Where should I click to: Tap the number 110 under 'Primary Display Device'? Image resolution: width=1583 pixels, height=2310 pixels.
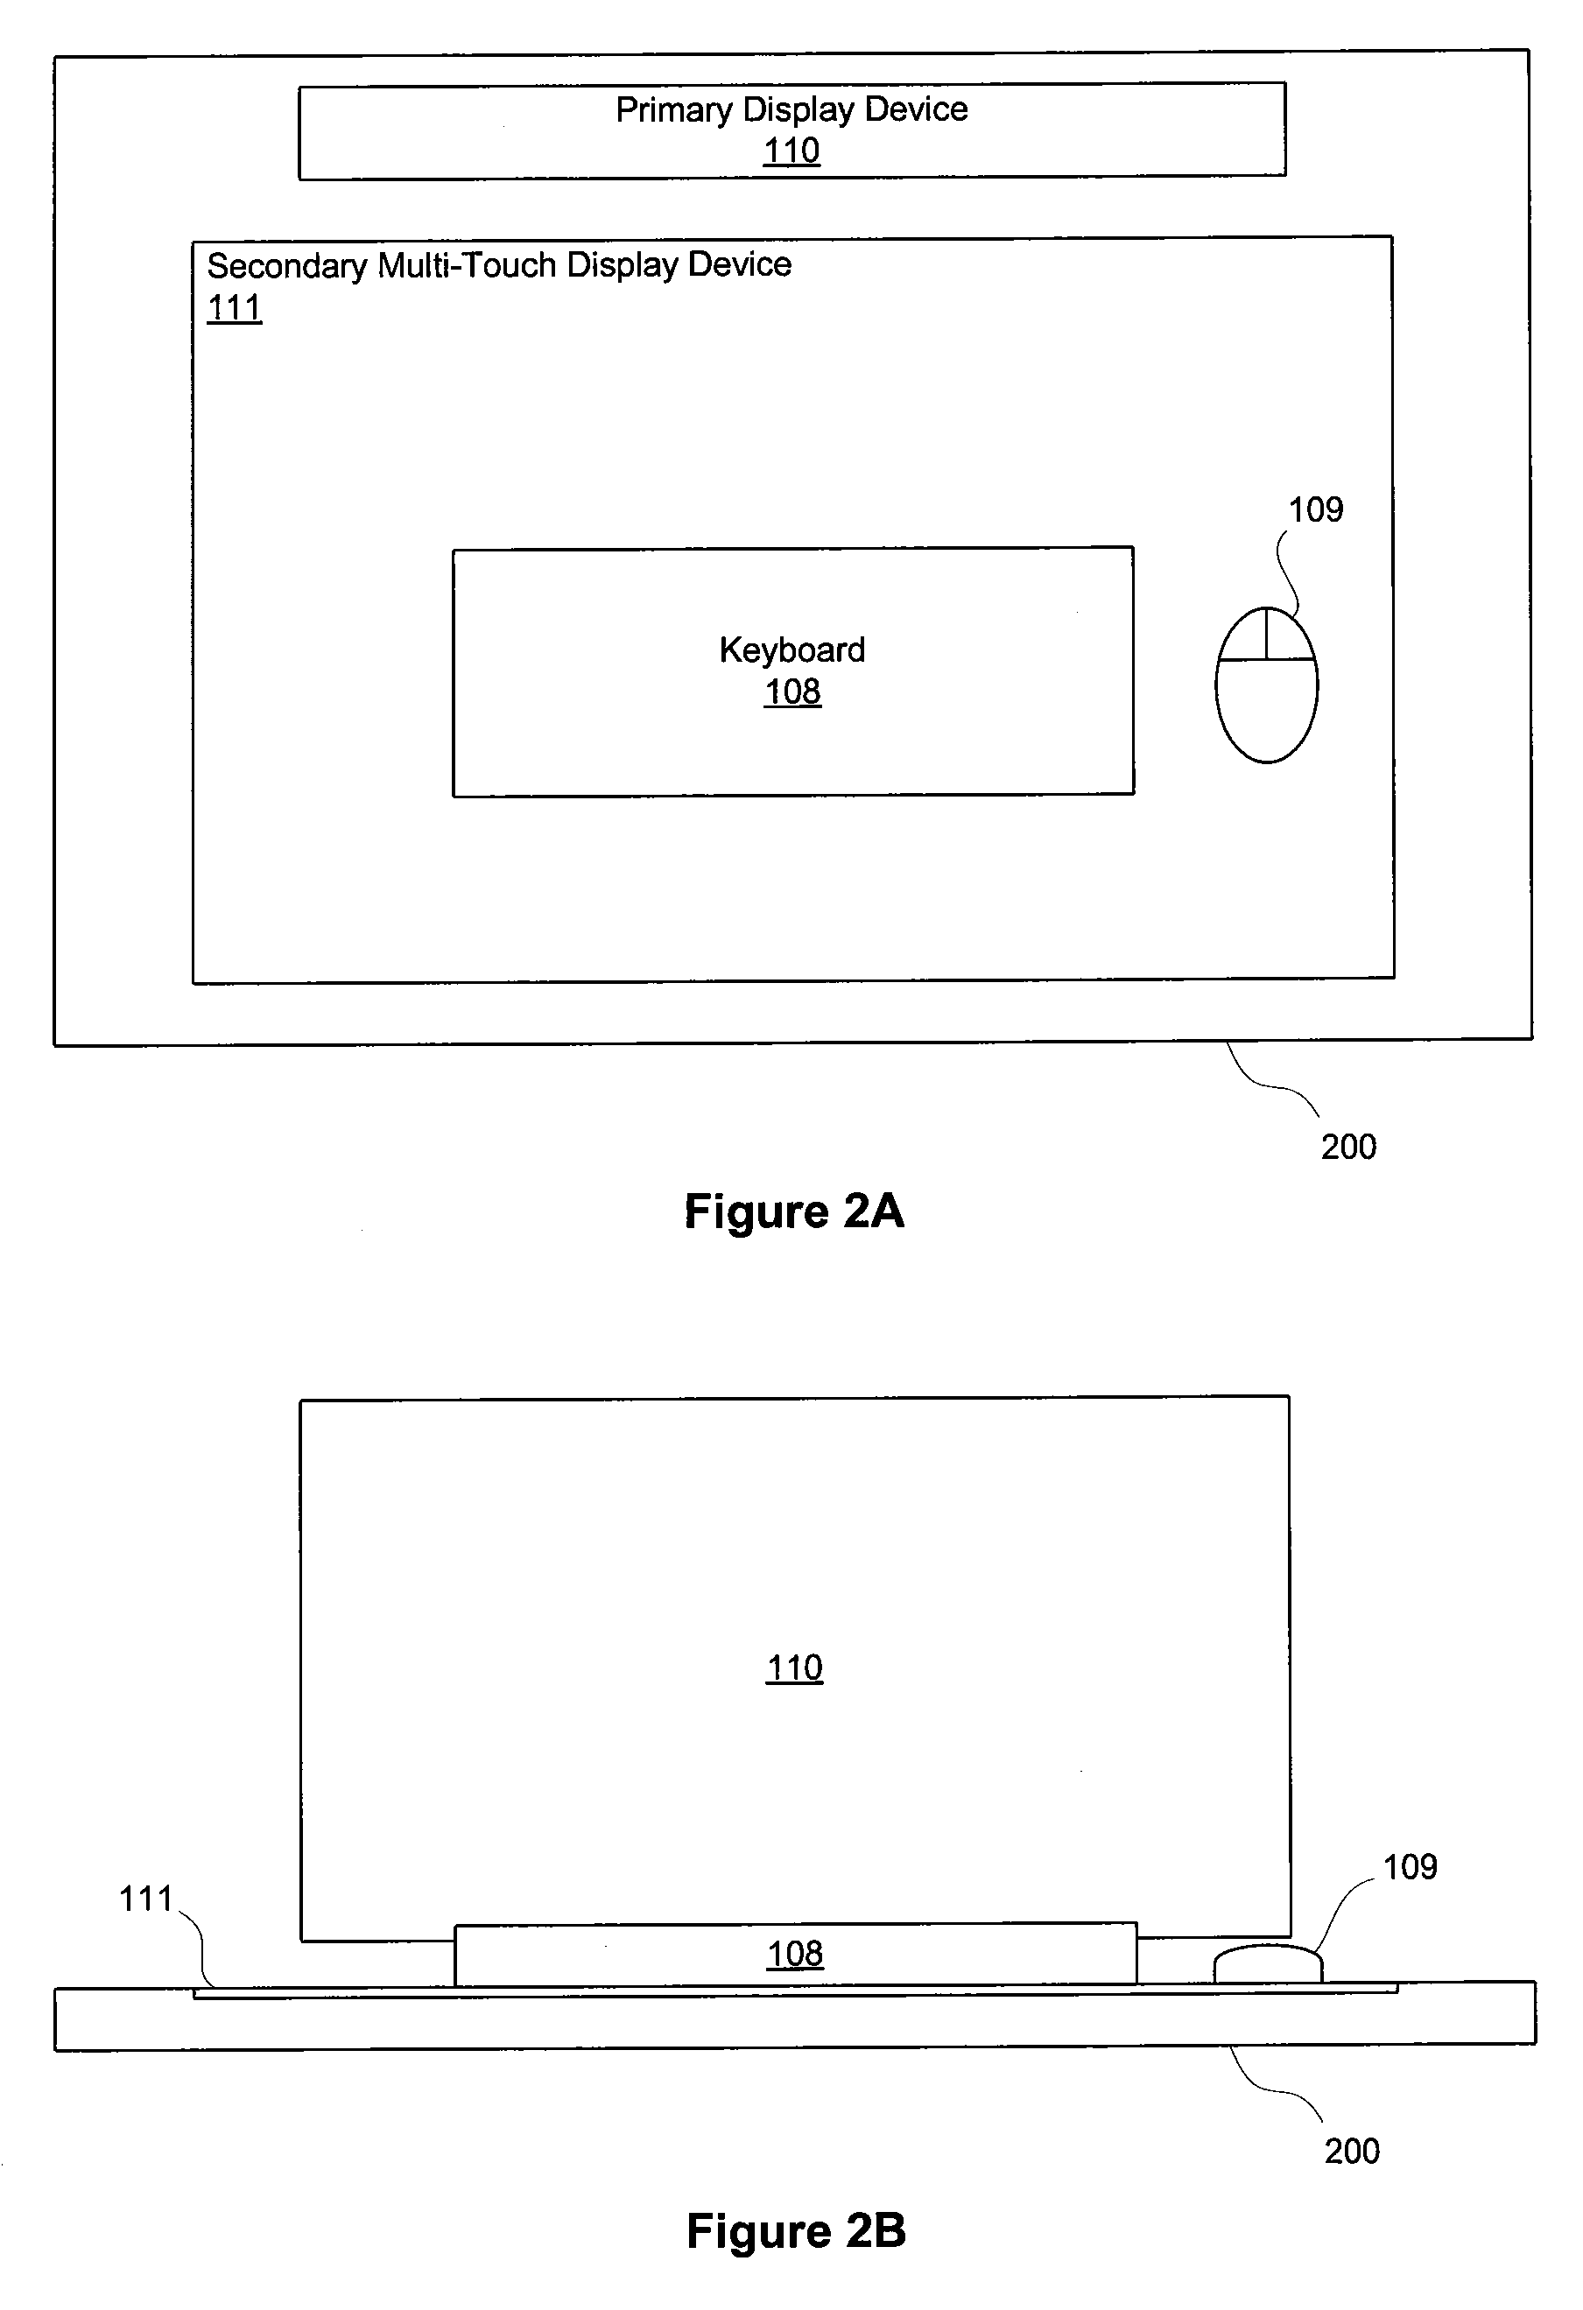point(791,151)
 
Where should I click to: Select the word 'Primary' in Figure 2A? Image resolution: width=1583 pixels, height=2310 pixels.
point(674,110)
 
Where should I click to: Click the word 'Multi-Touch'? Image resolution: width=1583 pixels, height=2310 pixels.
point(468,265)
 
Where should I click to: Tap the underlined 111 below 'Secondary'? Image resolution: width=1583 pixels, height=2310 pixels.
point(235,308)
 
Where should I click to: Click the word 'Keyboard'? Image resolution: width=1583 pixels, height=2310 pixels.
point(792,650)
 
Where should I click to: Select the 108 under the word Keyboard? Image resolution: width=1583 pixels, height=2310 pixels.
point(792,692)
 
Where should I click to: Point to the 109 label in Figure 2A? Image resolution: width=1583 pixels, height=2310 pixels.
point(1316,510)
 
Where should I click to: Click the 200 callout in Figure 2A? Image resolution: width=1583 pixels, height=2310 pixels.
point(1348,1147)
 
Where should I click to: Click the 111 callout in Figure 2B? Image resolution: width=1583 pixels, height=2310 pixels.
point(146,1899)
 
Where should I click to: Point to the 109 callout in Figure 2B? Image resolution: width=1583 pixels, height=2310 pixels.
point(1410,1867)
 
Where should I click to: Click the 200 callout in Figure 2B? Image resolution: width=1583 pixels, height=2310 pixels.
point(1353,2151)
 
